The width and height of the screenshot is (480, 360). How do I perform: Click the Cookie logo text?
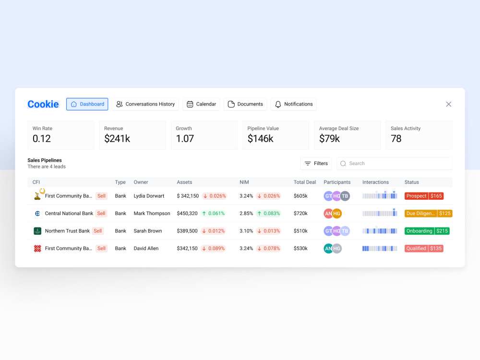coord(43,104)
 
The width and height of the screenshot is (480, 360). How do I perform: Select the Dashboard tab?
coord(87,104)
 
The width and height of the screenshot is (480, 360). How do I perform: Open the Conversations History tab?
coord(145,104)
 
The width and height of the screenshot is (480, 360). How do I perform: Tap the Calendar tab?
coord(201,104)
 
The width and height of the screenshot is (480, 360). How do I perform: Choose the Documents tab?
coord(245,104)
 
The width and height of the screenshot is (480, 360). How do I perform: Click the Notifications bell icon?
coord(278,104)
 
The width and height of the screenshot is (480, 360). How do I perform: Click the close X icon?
coord(448,104)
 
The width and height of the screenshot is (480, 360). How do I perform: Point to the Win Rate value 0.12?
coord(42,139)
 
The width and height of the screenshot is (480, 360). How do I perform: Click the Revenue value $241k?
coord(117,139)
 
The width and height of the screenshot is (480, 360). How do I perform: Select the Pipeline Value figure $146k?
coord(261,139)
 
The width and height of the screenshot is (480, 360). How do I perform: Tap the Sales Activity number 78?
coord(396,139)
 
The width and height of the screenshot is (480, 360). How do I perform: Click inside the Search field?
coord(395,164)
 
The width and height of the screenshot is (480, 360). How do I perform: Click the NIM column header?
coord(244,182)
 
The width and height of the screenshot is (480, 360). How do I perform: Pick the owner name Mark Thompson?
coord(152,214)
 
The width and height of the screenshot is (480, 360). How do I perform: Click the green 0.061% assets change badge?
coord(214,214)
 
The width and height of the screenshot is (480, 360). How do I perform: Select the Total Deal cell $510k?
coord(300,231)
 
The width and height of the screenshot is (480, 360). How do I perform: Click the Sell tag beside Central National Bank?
coord(101,214)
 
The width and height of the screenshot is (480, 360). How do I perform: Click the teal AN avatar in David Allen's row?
coord(328,249)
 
